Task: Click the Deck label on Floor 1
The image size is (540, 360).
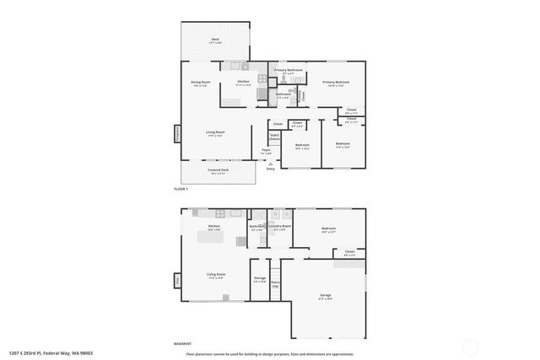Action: (215, 40)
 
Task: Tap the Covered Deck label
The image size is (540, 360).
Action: (219, 171)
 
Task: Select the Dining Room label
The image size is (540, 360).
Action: (200, 83)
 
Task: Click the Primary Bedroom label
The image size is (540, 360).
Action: (336, 83)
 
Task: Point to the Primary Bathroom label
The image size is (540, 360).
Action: (289, 71)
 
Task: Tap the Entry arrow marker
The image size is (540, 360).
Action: (271, 164)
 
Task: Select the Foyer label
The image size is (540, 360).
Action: (266, 151)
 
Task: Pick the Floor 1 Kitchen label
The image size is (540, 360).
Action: (244, 83)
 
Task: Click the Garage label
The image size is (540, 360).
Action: (325, 296)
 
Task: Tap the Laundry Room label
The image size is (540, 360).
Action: (280, 227)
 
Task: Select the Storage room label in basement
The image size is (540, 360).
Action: (260, 279)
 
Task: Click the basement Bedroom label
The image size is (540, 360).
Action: (328, 229)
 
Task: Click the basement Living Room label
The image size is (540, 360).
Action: (216, 275)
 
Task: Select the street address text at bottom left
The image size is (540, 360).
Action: (51, 353)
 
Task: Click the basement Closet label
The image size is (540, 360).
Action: (349, 251)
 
